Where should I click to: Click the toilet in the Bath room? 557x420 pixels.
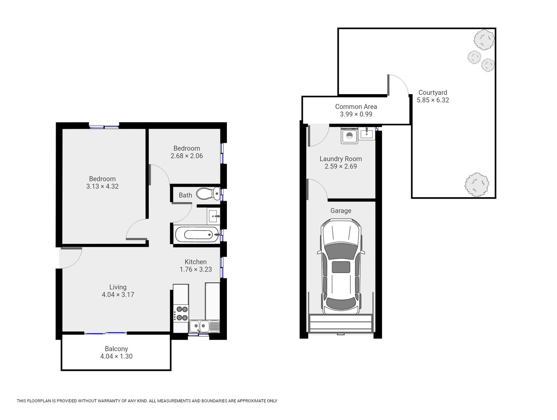click(x=208, y=194)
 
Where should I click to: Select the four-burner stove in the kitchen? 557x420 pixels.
click(x=181, y=313)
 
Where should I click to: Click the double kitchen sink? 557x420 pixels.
click(x=204, y=326)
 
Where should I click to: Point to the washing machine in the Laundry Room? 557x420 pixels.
click(x=350, y=136)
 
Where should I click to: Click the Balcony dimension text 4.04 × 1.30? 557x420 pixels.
click(x=116, y=356)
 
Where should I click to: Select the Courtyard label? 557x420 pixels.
click(x=433, y=93)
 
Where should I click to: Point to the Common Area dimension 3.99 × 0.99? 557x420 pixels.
click(x=356, y=114)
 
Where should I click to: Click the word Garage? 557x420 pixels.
click(x=341, y=211)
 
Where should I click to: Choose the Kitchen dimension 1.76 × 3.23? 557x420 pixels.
click(x=196, y=269)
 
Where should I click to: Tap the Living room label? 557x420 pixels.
click(x=118, y=287)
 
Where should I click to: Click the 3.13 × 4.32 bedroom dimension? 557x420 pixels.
click(x=102, y=187)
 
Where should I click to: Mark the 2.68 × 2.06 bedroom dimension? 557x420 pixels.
click(x=186, y=156)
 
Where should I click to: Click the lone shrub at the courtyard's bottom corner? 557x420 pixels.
click(x=476, y=185)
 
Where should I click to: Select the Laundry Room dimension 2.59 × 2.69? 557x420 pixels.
click(x=341, y=166)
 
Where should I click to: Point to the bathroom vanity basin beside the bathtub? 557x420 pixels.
click(x=213, y=216)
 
